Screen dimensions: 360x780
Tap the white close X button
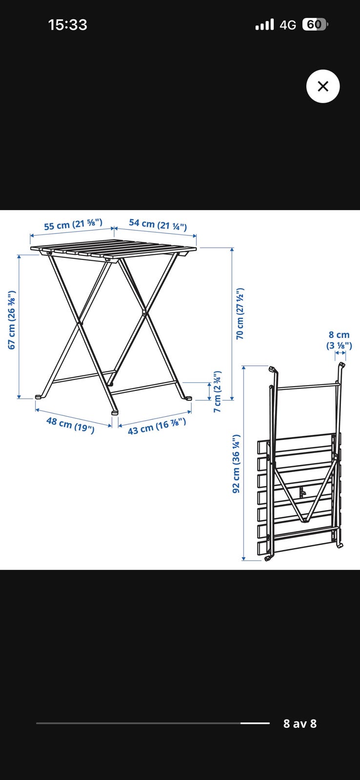(x=323, y=86)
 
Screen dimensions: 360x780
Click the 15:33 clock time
(x=68, y=25)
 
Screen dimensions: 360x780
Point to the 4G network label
(x=288, y=25)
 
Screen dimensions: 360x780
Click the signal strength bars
(x=264, y=25)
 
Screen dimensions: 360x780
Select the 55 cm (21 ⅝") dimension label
(x=73, y=224)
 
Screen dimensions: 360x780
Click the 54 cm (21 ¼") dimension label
(x=158, y=225)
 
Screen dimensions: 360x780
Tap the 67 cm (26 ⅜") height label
(x=12, y=320)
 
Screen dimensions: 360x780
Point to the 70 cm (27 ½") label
(x=240, y=313)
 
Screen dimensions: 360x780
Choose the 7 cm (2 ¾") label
(x=218, y=392)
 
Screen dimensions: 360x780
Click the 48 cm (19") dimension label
(x=70, y=425)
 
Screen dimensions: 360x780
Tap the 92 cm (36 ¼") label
(x=236, y=464)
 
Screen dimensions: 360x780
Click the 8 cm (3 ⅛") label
(x=339, y=340)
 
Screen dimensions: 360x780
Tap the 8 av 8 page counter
(x=300, y=723)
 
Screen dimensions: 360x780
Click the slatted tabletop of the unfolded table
(x=113, y=250)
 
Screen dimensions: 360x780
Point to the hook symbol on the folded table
(x=302, y=492)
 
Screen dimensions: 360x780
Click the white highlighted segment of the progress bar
(x=255, y=723)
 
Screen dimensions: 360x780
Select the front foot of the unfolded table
(x=115, y=412)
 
